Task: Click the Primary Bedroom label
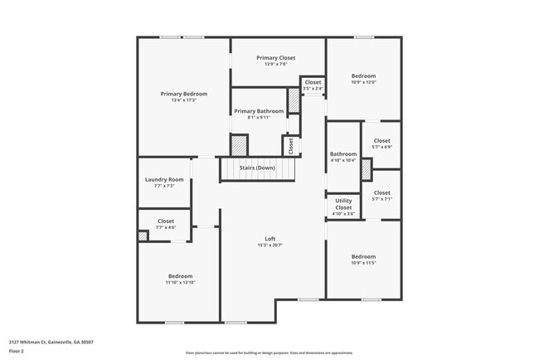[183, 94]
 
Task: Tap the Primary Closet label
[275, 58]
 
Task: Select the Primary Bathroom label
[259, 111]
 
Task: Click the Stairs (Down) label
[257, 168]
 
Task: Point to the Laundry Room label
[164, 180]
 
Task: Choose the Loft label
[270, 239]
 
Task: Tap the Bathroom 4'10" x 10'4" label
[343, 154]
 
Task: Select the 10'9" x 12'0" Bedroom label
[363, 75]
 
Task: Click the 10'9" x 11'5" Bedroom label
[363, 256]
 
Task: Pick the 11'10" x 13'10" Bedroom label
[181, 276]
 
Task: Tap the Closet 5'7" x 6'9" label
[381, 141]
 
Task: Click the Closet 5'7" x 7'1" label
[381, 192]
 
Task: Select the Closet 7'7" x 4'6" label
[165, 221]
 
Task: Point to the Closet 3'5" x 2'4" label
[313, 82]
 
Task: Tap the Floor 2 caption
[17, 352]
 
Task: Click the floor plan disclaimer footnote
[269, 352]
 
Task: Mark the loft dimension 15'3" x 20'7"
[270, 246]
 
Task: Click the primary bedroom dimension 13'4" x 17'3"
[183, 100]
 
